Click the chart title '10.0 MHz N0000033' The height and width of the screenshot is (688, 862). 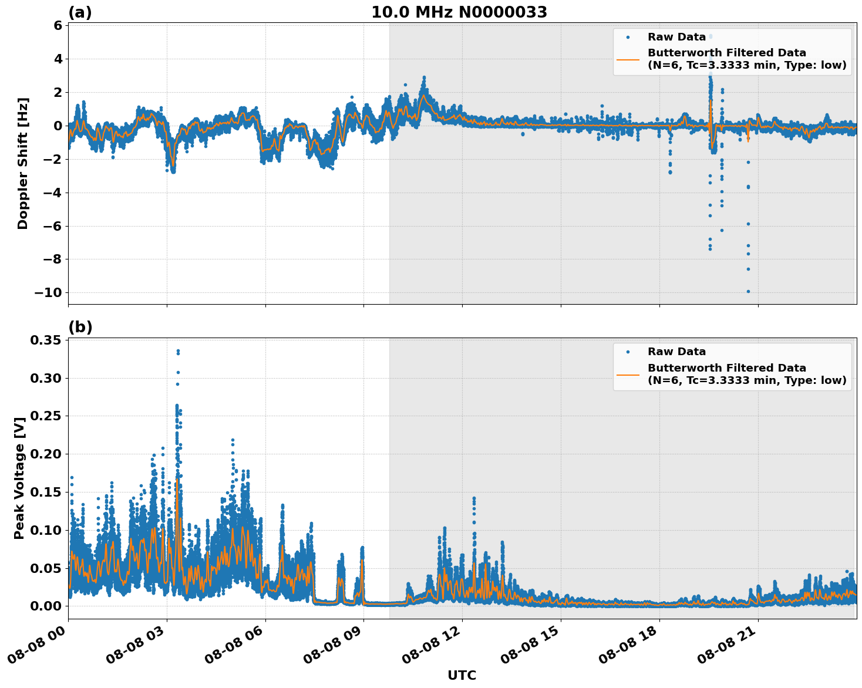click(x=459, y=12)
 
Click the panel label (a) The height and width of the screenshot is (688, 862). click(x=80, y=12)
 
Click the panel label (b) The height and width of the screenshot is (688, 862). click(x=80, y=327)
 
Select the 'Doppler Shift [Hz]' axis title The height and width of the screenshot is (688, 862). click(x=23, y=163)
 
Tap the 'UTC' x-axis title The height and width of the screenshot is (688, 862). click(x=462, y=675)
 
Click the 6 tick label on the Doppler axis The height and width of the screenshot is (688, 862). click(x=58, y=26)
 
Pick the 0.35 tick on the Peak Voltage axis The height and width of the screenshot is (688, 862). click(x=45, y=340)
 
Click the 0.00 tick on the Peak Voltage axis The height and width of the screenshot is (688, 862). click(x=45, y=606)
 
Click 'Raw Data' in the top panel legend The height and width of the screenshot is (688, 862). click(x=676, y=37)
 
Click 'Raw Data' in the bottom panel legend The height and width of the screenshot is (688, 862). click(x=676, y=352)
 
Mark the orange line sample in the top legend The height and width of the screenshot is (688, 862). click(x=628, y=59)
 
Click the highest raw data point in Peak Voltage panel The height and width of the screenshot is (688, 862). click(x=178, y=350)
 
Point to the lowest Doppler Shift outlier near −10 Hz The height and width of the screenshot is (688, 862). click(x=748, y=291)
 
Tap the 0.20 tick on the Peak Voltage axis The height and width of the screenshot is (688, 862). click(x=45, y=454)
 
